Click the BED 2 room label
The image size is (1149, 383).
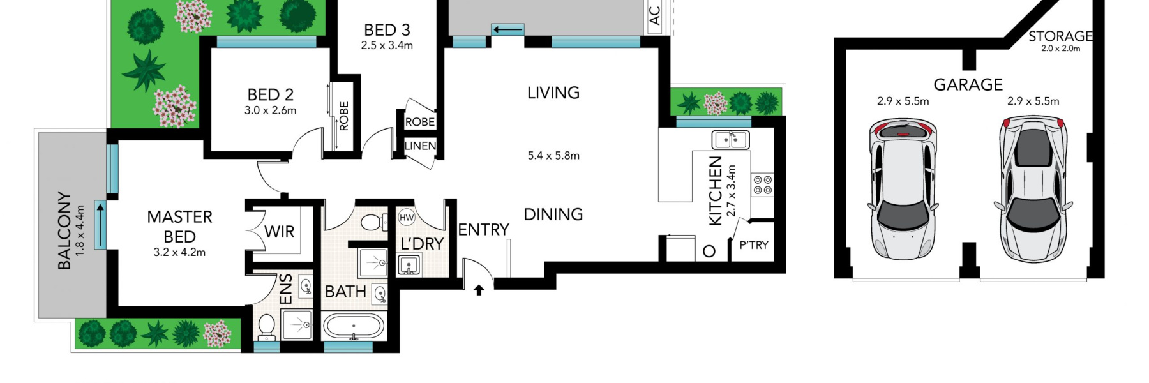point(270,94)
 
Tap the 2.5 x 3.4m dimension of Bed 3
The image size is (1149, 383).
point(387,45)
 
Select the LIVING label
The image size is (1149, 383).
point(553,93)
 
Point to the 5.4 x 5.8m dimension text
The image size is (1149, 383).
point(553,155)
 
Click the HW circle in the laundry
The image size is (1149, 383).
point(407,218)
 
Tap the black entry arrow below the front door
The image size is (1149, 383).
point(479,290)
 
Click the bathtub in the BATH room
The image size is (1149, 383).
point(354,327)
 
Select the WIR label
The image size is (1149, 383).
point(280,232)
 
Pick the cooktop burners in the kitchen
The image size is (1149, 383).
point(763,185)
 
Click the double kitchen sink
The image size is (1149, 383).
point(730,139)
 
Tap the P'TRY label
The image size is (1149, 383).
point(753,244)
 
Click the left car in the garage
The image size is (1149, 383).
point(903,190)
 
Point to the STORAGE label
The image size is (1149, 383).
point(1060,36)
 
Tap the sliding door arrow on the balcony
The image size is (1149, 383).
point(100,224)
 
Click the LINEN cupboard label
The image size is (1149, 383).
point(420,146)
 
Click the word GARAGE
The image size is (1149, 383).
point(968,84)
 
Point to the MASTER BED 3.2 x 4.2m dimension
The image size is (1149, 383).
point(179,252)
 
